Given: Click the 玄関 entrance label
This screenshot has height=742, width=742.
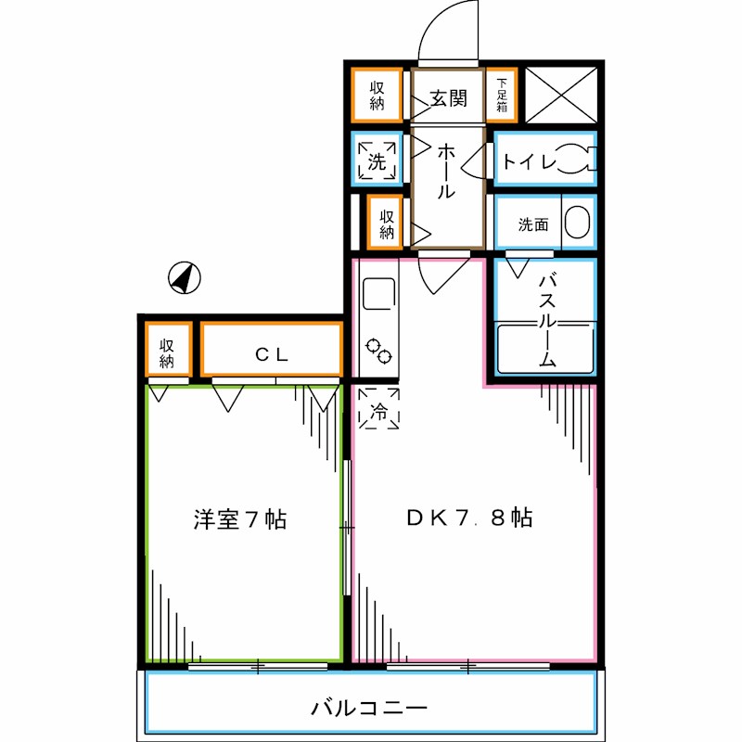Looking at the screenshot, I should (x=448, y=97).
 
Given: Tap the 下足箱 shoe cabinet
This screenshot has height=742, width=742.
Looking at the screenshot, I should (x=501, y=95).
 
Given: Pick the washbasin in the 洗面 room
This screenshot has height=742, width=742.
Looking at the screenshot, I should (x=576, y=224).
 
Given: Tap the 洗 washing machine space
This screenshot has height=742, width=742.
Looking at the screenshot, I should (x=377, y=160).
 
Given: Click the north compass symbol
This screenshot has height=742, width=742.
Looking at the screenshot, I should (x=185, y=277).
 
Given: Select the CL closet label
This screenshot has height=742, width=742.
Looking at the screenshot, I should (x=273, y=353).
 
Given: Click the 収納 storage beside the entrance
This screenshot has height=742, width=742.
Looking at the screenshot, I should (x=377, y=96).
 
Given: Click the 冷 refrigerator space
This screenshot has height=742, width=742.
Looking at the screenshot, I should (x=378, y=409).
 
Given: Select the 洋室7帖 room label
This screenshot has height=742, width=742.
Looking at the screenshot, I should (x=239, y=519).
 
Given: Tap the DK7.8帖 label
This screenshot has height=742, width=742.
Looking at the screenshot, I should (x=469, y=518).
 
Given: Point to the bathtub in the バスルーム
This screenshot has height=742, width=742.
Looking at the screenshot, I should (x=544, y=347).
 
